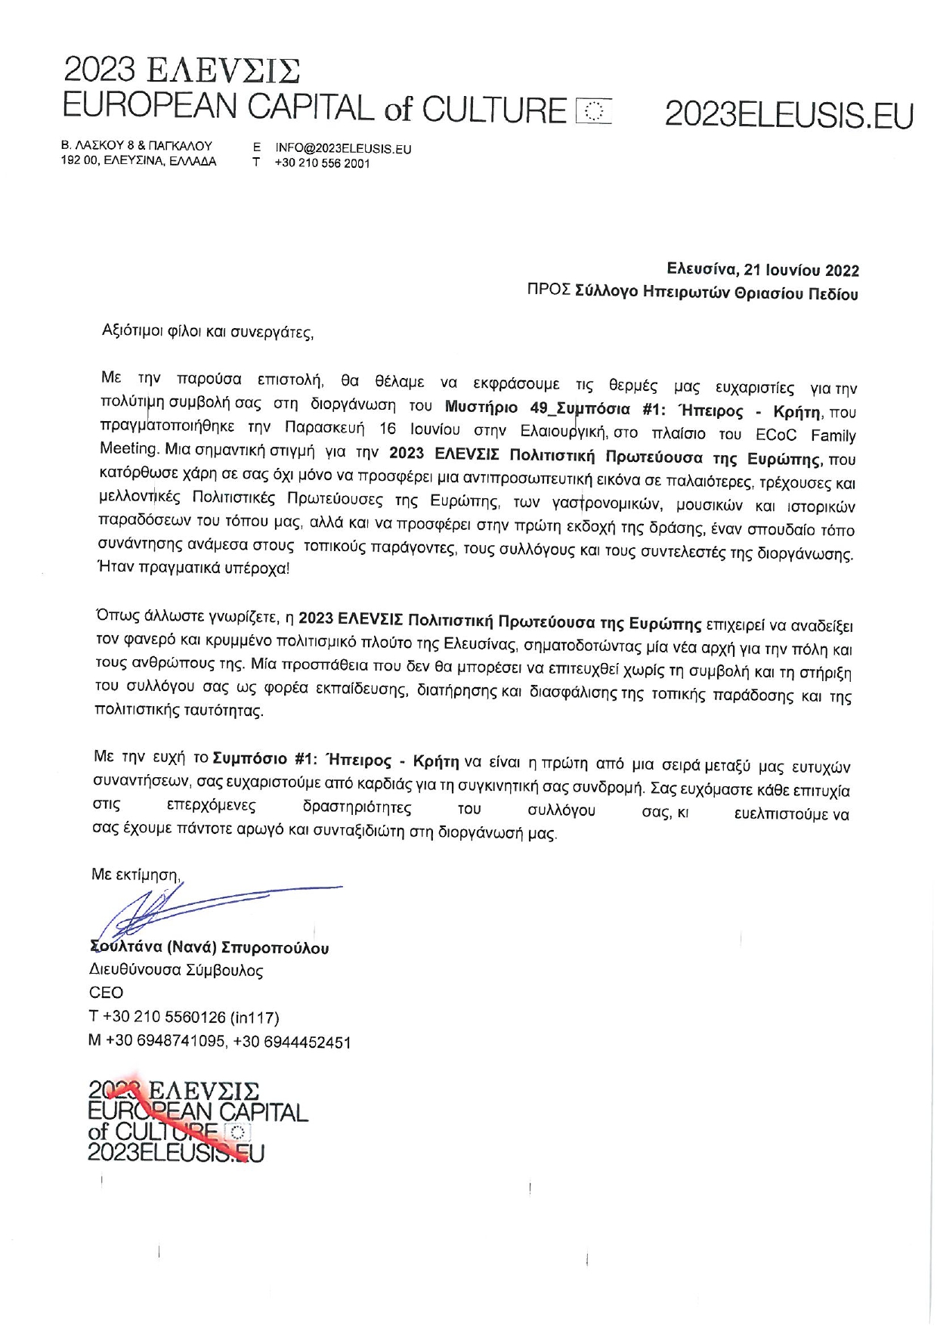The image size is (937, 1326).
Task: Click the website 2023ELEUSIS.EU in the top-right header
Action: point(789,116)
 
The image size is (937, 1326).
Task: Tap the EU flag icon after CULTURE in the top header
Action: point(593,111)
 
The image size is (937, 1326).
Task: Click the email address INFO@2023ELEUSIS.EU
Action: point(343,149)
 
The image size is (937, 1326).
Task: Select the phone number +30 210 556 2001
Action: point(322,163)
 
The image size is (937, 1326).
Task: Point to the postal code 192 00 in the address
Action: point(79,161)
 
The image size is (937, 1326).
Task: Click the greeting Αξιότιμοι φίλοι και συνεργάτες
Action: point(207,332)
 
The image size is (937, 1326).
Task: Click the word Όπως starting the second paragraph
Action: point(116,617)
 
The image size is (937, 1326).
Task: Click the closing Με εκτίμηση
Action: point(135,875)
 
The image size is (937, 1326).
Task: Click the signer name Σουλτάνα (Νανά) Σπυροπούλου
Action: point(209,948)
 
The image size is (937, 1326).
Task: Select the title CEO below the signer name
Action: point(106,993)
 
